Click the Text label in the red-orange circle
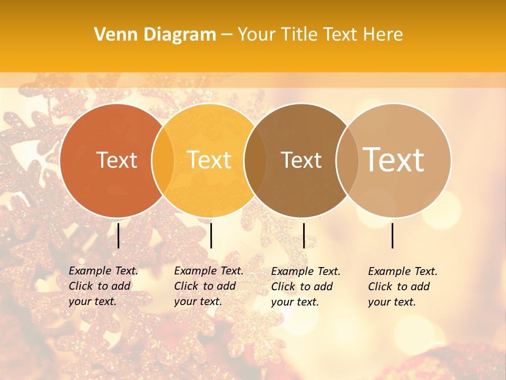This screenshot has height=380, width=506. tap(116, 160)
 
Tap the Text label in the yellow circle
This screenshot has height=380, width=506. tap(209, 160)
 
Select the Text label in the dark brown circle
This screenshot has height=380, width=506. tap(301, 160)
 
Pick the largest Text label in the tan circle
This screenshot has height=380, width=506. tap(393, 159)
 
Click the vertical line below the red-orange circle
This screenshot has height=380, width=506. tap(118, 235)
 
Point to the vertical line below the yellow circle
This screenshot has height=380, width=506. tap(211, 235)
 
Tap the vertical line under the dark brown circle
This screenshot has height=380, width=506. tap(304, 235)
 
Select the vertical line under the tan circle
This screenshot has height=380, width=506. tap(392, 235)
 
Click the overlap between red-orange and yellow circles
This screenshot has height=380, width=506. tap(163, 160)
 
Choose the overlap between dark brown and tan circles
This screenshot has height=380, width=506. tap(346, 160)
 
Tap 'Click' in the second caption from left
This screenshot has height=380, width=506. tap(186, 286)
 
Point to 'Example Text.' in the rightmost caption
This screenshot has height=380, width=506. tap(403, 271)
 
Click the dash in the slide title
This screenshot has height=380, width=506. tap(227, 35)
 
